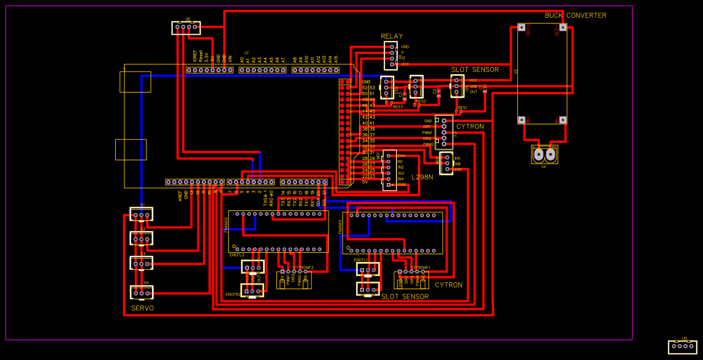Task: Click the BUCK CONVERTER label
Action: (x=576, y=15)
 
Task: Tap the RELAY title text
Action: (x=392, y=36)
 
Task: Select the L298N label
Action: (x=422, y=177)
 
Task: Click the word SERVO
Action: (x=143, y=308)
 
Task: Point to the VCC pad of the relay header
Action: (x=392, y=64)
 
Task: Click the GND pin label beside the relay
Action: (x=405, y=47)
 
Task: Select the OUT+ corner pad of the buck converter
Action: (x=562, y=28)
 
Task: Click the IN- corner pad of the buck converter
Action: (x=562, y=120)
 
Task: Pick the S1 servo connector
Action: (x=142, y=215)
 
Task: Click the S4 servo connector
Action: (x=142, y=293)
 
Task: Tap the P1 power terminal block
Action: (x=544, y=155)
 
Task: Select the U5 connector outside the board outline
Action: (x=682, y=347)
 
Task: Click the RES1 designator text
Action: (x=462, y=107)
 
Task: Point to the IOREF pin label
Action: (x=194, y=58)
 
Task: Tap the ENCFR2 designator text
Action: (x=233, y=294)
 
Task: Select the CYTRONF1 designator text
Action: (x=420, y=268)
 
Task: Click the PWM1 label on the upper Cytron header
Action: (x=427, y=132)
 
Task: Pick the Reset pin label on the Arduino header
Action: (x=200, y=58)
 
